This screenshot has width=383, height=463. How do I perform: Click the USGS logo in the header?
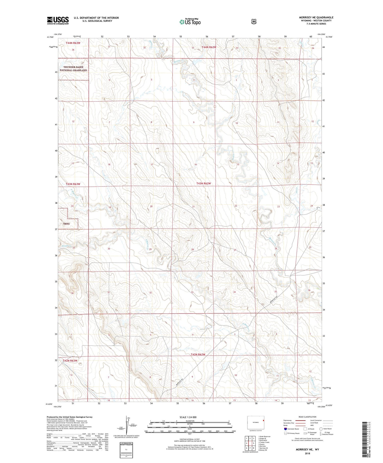point(58,20)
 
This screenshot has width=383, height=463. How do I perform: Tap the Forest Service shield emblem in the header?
point(254,22)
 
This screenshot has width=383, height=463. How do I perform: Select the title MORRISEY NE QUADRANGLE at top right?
point(316,17)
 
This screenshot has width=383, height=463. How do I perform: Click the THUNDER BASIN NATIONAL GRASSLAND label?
point(73,69)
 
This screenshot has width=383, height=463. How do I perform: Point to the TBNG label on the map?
point(66,224)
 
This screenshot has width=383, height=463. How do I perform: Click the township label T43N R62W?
point(204,183)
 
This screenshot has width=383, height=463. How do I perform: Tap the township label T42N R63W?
point(70,361)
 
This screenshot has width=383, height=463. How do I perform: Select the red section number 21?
point(194,207)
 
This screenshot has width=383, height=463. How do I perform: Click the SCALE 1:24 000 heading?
point(188,417)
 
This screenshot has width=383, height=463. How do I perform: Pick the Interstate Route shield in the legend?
point(285,429)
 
